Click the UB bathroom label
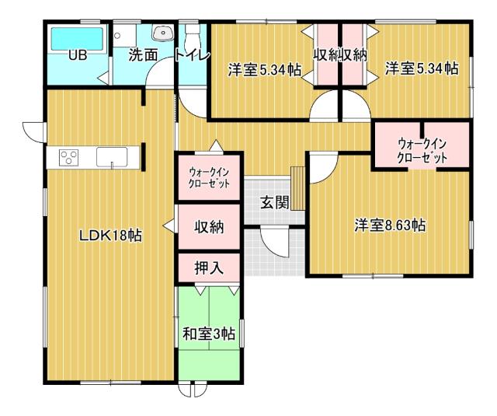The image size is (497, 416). pyautogui.click(x=76, y=55)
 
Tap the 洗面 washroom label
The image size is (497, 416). pyautogui.click(x=143, y=55)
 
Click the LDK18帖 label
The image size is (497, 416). pyautogui.click(x=110, y=235)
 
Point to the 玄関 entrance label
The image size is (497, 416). pyautogui.click(x=274, y=203)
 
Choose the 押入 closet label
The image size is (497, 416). pyautogui.click(x=209, y=268)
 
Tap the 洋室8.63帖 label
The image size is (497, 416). pyautogui.click(x=390, y=225)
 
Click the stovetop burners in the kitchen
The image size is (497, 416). pyautogui.click(x=68, y=157)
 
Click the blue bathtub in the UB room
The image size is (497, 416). pyautogui.click(x=77, y=38)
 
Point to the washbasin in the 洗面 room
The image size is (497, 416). pyautogui.click(x=162, y=33)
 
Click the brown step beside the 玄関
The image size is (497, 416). pyautogui.click(x=297, y=178)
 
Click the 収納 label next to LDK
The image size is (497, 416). pyautogui.click(x=209, y=227)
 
